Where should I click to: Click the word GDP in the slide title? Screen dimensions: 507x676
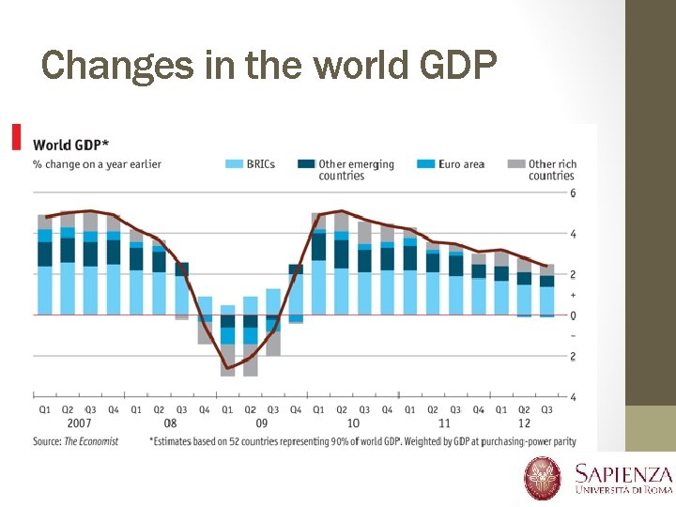[x=453, y=65]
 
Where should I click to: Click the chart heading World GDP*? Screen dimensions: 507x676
[x=70, y=145]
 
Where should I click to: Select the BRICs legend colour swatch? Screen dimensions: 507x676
[x=234, y=164]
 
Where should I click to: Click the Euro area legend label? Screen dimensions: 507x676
[x=461, y=164]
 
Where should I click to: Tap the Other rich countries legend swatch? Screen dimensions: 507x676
[x=515, y=164]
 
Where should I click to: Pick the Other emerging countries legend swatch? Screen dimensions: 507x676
[x=306, y=164]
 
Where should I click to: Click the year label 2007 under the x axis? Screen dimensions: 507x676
[x=79, y=424]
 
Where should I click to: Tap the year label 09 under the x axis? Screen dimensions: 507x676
[x=262, y=424]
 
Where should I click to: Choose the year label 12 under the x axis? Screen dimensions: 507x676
[x=524, y=424]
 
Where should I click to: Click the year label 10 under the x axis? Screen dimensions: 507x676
[x=353, y=424]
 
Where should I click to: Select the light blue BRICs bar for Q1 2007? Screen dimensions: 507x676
[x=44, y=290]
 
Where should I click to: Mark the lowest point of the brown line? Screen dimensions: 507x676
[x=227, y=368]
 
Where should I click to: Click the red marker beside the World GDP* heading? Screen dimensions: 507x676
[x=16, y=137]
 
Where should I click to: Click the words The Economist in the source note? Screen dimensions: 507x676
[x=91, y=441]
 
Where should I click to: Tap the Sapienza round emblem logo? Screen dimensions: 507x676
[x=543, y=478]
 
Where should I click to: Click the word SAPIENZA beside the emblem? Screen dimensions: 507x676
[x=623, y=474]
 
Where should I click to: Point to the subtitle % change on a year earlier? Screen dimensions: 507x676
[x=97, y=164]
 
